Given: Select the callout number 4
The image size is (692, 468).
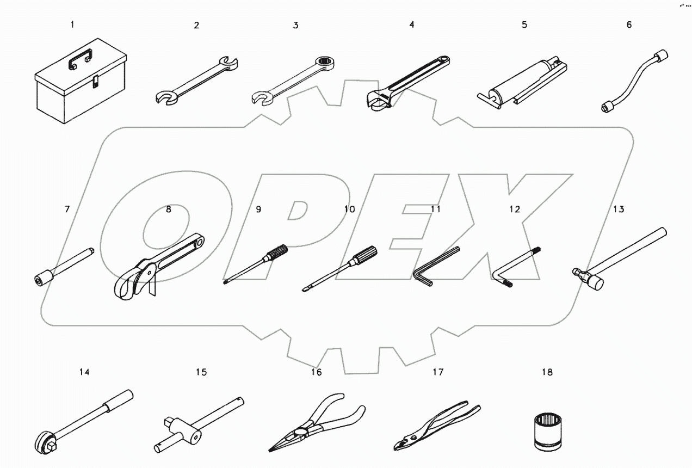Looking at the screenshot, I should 412,24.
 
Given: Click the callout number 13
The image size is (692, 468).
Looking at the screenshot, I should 619,209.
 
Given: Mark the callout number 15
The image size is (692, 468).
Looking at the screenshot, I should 201,372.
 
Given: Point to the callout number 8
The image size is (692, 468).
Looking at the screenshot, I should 168,208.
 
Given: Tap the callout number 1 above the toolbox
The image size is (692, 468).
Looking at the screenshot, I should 72,24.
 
